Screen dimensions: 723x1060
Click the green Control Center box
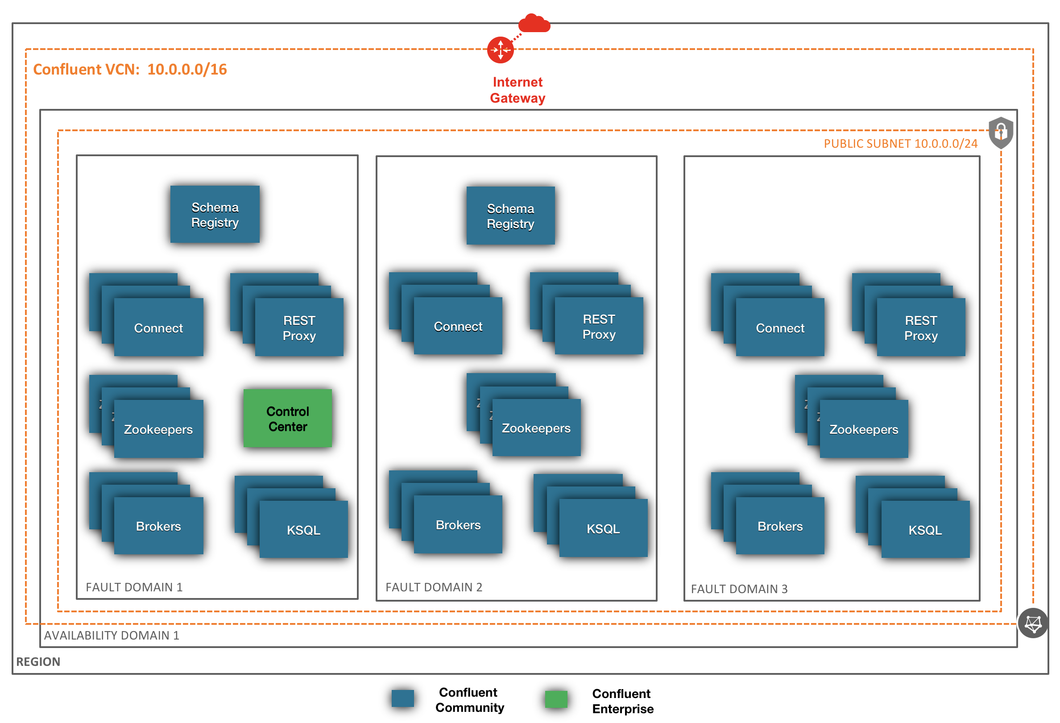(x=287, y=418)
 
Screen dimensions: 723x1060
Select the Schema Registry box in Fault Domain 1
(x=215, y=214)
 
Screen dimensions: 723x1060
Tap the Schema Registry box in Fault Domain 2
(x=510, y=216)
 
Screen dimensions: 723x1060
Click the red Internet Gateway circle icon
(x=501, y=50)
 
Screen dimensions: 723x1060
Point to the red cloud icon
(x=534, y=23)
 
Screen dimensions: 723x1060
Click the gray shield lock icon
(x=1001, y=133)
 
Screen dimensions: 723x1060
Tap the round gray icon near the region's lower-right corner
(x=1033, y=623)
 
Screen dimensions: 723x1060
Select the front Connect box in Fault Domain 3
(x=780, y=328)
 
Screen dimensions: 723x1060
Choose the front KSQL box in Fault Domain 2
(x=603, y=528)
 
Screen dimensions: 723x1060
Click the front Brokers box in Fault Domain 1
(x=158, y=526)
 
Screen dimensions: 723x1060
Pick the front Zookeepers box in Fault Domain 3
(x=863, y=429)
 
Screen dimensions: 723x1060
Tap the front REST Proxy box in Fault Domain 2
(x=599, y=326)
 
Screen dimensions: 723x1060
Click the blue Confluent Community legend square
(x=403, y=698)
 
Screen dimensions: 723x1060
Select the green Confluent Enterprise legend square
(x=556, y=699)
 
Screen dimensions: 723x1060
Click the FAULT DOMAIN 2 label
(x=434, y=587)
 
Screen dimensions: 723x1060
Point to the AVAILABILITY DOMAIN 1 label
(x=111, y=636)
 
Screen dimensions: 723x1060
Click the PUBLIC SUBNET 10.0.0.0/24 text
(x=900, y=144)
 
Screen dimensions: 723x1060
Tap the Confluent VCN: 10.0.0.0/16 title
(x=130, y=69)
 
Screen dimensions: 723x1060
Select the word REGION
(x=38, y=662)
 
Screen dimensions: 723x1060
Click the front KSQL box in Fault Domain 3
(x=925, y=530)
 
